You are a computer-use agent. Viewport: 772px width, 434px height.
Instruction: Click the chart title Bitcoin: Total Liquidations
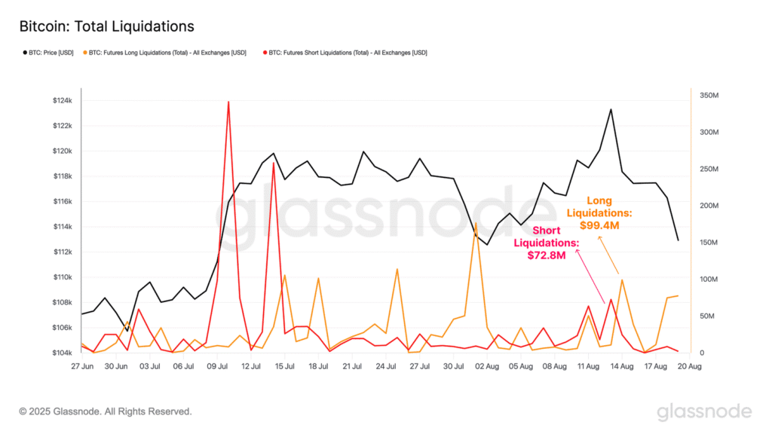pyautogui.click(x=106, y=26)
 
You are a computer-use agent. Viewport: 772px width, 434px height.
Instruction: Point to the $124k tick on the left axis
pyautogui.click(x=63, y=100)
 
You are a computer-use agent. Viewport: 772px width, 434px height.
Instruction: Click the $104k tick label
pyautogui.click(x=63, y=353)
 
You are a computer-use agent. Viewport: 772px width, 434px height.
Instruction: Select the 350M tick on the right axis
pyautogui.click(x=709, y=96)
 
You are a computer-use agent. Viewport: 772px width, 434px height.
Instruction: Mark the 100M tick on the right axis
pyautogui.click(x=709, y=280)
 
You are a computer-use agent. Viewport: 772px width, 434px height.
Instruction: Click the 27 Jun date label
pyautogui.click(x=82, y=366)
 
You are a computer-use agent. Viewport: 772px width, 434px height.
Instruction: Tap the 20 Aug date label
pyautogui.click(x=689, y=366)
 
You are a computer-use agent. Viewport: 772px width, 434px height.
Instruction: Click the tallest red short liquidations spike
pyautogui.click(x=228, y=102)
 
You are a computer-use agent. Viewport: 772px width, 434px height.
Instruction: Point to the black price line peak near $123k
pyautogui.click(x=611, y=109)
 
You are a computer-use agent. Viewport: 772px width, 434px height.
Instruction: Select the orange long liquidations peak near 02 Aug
pyautogui.click(x=476, y=223)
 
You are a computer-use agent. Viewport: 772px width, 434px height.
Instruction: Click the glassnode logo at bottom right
pyautogui.click(x=704, y=411)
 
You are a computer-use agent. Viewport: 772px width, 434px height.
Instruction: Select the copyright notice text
pyautogui.click(x=106, y=411)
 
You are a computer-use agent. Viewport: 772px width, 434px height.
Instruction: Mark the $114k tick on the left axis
pyautogui.click(x=63, y=227)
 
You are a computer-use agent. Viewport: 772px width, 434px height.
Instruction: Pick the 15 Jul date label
pyautogui.click(x=284, y=366)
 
